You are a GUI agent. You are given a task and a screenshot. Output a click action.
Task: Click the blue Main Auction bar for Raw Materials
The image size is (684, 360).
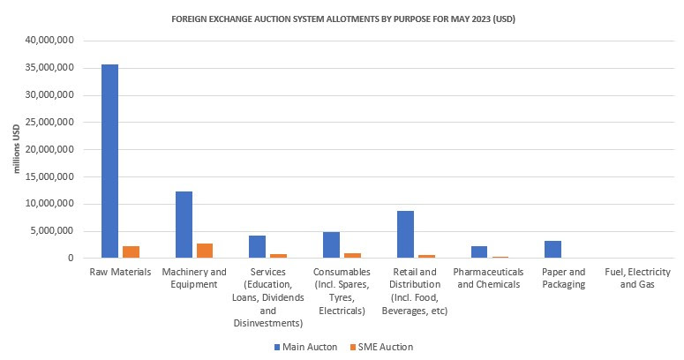(x=110, y=161)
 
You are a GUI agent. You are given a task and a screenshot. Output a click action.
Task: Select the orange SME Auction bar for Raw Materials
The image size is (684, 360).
(x=131, y=252)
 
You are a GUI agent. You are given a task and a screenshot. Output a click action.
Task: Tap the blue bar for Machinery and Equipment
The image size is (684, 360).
(x=184, y=225)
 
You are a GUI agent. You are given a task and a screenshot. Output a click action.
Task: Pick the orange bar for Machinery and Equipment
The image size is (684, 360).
(x=205, y=251)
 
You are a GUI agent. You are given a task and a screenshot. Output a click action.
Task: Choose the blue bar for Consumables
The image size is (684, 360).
(x=331, y=245)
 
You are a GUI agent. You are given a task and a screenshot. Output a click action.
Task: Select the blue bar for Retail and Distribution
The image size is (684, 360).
(x=405, y=235)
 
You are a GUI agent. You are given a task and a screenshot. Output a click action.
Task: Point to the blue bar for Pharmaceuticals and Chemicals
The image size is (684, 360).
(x=479, y=252)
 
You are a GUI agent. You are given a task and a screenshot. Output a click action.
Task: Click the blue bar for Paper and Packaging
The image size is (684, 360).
(x=553, y=250)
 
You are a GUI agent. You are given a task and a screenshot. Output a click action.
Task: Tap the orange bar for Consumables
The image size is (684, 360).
(x=352, y=256)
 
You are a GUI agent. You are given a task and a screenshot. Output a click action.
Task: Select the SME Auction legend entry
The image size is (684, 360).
(x=380, y=347)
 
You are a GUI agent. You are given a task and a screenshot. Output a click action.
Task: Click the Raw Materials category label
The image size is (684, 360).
(x=120, y=273)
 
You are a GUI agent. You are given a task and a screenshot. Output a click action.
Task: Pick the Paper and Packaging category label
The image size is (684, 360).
(x=564, y=279)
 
